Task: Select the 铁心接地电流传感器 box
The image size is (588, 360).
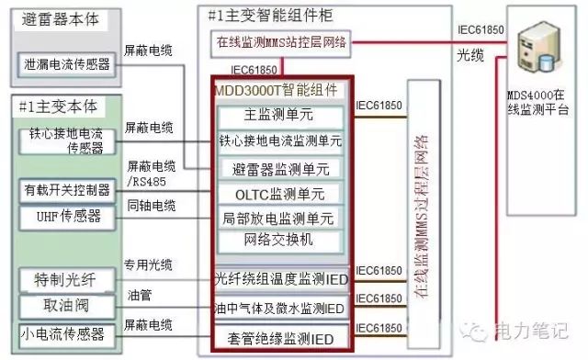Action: pos(66,141)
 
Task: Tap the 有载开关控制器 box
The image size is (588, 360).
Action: pos(66,190)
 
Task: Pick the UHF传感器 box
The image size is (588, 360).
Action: pos(66,217)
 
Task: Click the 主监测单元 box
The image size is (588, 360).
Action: pos(280,116)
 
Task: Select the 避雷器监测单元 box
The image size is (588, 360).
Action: pos(280,168)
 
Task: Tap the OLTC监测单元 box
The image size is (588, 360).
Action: pos(280,194)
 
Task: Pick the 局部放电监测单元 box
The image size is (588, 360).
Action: pos(280,218)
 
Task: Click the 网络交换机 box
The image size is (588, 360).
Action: pos(280,240)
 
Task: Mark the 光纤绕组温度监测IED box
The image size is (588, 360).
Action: pos(279,278)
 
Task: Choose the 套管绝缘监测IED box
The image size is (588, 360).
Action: pos(279,338)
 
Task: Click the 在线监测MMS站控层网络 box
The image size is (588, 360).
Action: pos(280,42)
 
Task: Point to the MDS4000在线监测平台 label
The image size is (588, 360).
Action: pos(538,102)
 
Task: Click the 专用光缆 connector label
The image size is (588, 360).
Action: pos(147,263)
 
